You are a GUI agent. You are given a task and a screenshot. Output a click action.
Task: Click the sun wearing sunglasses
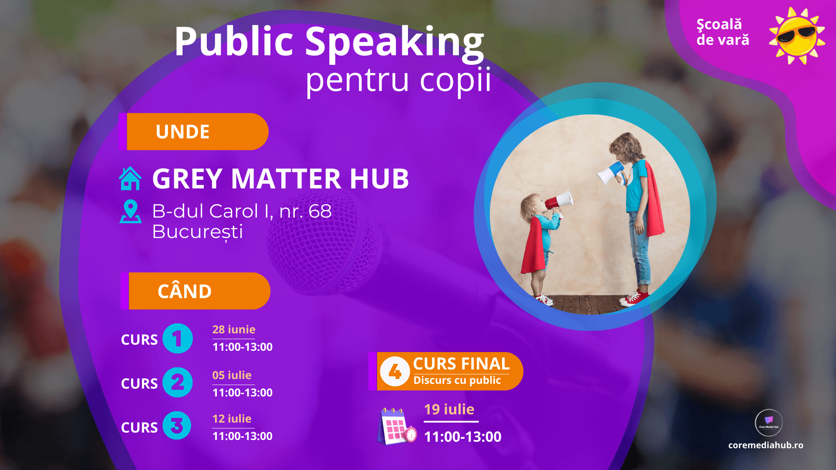pos(797,36)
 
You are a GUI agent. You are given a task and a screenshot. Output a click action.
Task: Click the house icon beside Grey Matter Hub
pos(130,179)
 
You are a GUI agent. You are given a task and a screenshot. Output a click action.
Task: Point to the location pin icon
pos(130,212)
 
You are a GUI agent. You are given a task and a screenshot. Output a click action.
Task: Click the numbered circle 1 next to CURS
pos(177,339)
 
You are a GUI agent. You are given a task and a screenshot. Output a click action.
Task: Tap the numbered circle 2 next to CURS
pos(177,383)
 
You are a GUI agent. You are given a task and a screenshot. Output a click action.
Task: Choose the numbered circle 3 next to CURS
pos(177,426)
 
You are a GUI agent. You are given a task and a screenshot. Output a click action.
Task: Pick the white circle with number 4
pos(394,371)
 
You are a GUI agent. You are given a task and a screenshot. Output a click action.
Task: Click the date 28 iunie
pos(234,330)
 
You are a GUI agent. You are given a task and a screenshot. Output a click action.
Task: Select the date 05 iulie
pos(232,375)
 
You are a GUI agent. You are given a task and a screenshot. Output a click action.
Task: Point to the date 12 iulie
pos(232,419)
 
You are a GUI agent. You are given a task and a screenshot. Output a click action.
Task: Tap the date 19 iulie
pos(449,410)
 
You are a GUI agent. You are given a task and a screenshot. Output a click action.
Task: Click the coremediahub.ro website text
pos(765,445)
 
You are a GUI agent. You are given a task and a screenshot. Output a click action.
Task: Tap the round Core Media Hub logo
pos(769,423)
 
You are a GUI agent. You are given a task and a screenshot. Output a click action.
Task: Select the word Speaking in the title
pos(394,42)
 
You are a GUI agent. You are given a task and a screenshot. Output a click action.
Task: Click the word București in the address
pos(198,232)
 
